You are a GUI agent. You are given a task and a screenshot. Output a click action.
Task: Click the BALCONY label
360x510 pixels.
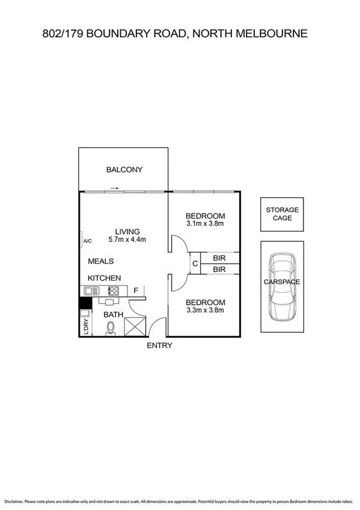(124, 170)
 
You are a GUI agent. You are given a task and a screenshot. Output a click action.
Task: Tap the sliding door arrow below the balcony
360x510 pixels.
(114, 188)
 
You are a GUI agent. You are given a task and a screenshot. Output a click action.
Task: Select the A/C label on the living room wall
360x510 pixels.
(87, 242)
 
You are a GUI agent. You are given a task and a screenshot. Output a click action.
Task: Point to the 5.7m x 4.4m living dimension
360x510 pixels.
(127, 239)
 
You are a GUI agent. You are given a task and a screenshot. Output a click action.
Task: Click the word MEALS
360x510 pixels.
(101, 262)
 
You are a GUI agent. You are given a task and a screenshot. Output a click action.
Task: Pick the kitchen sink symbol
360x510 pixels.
(90, 291)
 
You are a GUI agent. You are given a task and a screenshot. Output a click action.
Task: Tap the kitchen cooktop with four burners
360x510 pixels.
(113, 291)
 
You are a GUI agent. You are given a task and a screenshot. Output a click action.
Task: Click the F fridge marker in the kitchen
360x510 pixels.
(136, 291)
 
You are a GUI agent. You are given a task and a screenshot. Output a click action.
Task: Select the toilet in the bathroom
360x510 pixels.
(111, 328)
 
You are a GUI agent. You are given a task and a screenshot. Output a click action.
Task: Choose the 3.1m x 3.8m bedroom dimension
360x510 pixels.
(205, 224)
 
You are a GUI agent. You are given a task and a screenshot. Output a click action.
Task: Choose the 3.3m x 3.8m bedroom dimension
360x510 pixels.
(205, 310)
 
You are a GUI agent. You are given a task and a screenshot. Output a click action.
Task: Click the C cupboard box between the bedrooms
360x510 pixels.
(195, 263)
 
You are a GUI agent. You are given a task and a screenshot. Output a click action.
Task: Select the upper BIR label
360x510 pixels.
(219, 257)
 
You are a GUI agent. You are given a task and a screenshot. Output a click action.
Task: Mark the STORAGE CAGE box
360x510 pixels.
(282, 214)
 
